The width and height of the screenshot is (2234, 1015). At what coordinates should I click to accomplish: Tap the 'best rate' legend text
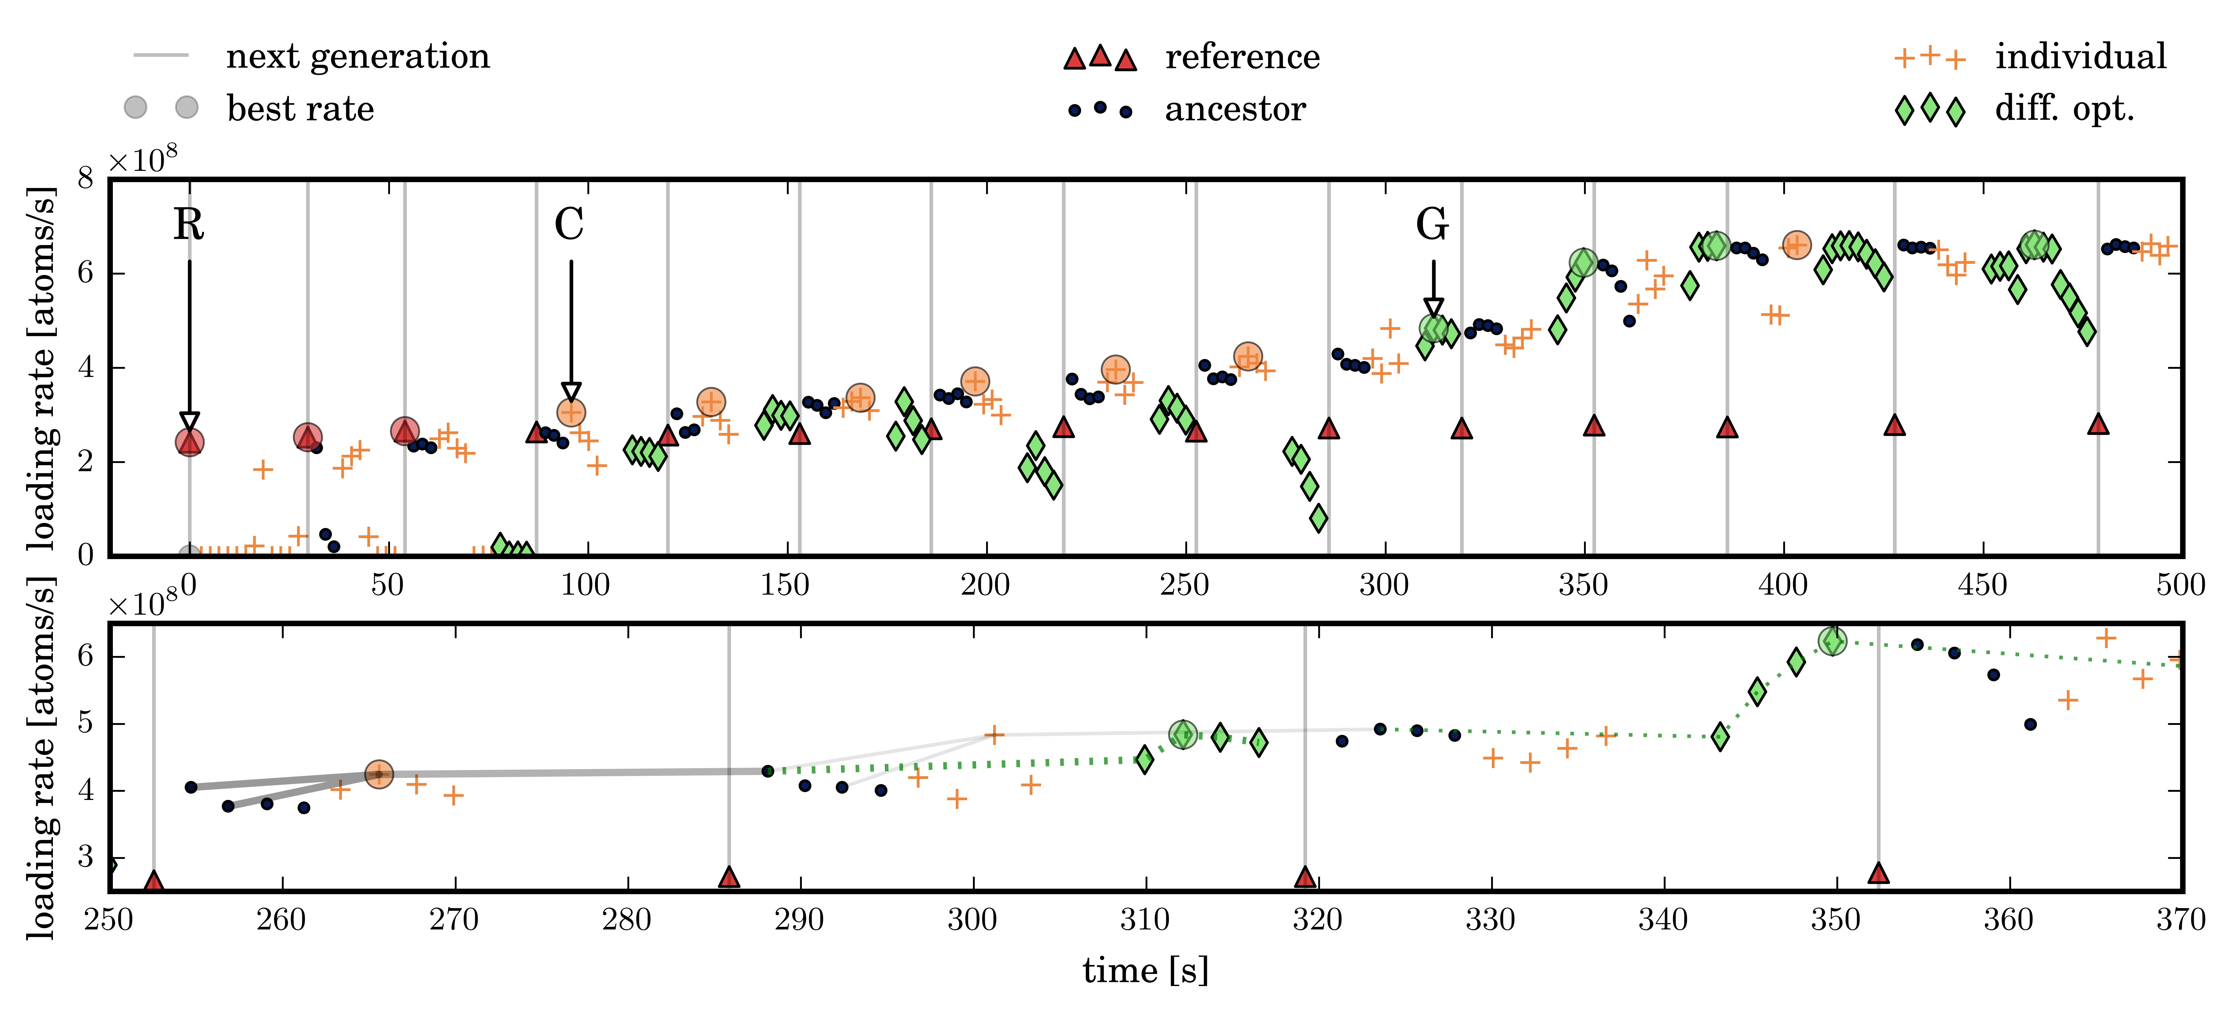tap(300, 109)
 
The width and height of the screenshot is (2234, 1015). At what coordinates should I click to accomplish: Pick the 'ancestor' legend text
tap(1235, 109)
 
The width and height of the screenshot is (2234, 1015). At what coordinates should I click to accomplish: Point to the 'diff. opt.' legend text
tap(2064, 109)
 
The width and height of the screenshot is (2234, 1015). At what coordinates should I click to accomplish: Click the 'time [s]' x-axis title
tap(1145, 970)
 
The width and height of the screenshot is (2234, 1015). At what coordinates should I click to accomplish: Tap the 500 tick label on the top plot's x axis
tap(2180, 585)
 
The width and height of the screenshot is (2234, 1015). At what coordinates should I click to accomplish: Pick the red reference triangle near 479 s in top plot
tap(2098, 423)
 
